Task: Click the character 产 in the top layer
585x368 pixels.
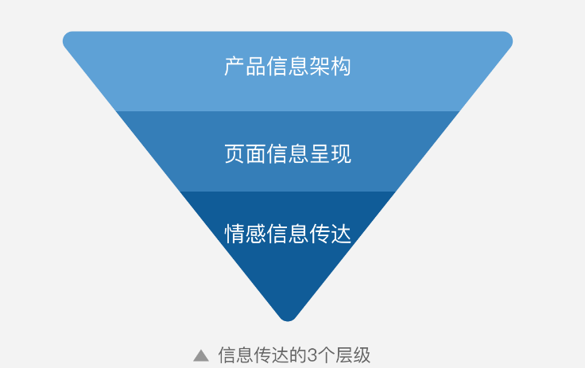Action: click(234, 67)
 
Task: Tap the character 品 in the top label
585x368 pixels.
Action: click(256, 67)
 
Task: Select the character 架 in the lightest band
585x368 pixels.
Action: click(320, 67)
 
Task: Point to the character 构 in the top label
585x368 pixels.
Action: click(341, 67)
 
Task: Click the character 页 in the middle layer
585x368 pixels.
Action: click(234, 153)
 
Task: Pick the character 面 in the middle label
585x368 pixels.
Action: click(256, 153)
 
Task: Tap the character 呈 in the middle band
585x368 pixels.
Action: click(320, 153)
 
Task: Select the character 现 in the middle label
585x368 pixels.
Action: click(341, 153)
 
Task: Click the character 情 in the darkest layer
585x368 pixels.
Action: click(234, 234)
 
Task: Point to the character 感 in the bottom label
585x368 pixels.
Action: click(256, 234)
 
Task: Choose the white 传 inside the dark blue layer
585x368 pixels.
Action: click(320, 234)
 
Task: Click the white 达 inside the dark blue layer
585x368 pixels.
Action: click(341, 234)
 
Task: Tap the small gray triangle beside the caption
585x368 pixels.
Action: click(201, 356)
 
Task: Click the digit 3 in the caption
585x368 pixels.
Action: click(312, 355)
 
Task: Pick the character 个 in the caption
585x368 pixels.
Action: click(325, 355)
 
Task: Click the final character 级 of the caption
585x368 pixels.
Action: click(362, 355)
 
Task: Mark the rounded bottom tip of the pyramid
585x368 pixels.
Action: click(288, 320)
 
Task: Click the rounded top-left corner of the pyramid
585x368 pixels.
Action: click(67, 37)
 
